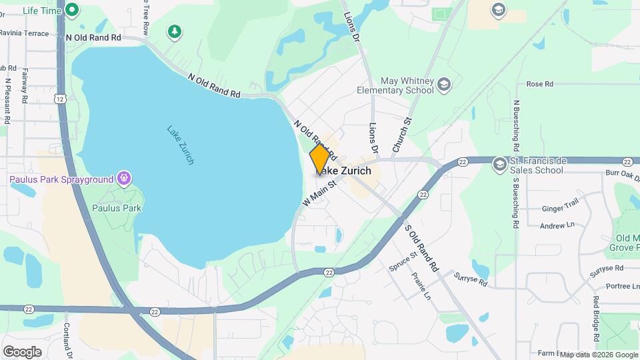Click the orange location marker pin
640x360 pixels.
coord(319,159)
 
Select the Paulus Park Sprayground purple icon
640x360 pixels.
coord(123,178)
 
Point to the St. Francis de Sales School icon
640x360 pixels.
coord(499,164)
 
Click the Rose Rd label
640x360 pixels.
coord(540,84)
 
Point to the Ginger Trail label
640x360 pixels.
coord(560,208)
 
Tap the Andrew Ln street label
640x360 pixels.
coord(557,226)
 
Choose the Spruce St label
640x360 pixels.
coord(403,261)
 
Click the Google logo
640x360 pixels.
coord(22,351)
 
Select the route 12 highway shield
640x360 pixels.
coord(60,99)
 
